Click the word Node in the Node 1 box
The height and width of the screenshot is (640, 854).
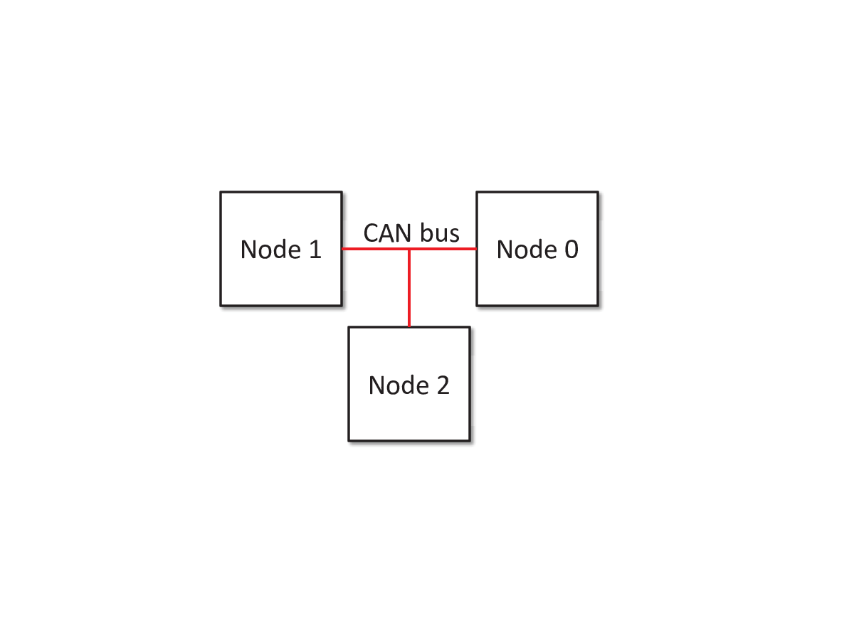coord(270,249)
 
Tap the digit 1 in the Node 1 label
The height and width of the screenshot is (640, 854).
coord(315,249)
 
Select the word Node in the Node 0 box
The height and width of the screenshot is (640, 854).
coord(527,249)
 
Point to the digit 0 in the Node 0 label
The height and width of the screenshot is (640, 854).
coord(571,249)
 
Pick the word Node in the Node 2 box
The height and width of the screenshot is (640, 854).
coord(399,385)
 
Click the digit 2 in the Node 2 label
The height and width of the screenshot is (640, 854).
coord(443,385)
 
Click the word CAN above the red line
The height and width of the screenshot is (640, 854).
coord(387,233)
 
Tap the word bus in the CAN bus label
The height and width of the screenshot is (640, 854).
coord(440,233)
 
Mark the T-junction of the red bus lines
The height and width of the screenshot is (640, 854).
coord(409,249)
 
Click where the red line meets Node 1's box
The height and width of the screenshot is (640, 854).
coord(342,249)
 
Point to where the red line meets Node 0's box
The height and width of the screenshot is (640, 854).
coord(476,249)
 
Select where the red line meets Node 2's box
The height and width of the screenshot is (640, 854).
coord(409,326)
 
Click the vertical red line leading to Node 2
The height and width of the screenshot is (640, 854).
coord(409,288)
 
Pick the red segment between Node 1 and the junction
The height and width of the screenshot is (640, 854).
coord(376,249)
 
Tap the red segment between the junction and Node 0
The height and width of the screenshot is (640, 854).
coord(443,249)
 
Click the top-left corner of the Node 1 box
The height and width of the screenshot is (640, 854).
coord(221,192)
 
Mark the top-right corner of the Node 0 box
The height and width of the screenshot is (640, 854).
coord(598,192)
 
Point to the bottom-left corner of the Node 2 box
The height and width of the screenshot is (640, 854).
coord(349,441)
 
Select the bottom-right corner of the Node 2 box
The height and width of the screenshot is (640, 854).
coord(470,441)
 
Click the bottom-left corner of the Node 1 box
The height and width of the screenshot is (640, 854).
coord(221,306)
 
